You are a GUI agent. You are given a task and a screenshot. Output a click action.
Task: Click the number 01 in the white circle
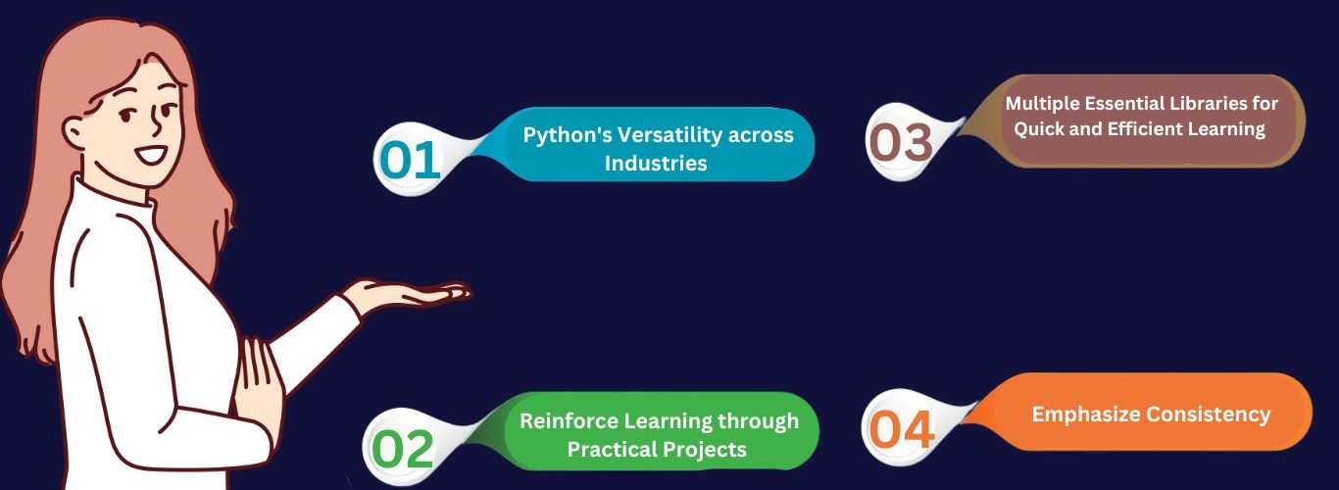click(x=410, y=160)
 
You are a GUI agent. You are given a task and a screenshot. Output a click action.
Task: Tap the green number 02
click(x=402, y=450)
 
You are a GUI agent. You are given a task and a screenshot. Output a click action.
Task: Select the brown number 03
click(x=901, y=142)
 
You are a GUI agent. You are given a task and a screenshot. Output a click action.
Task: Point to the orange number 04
click(x=902, y=429)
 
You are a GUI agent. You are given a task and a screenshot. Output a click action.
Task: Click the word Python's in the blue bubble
click(x=567, y=135)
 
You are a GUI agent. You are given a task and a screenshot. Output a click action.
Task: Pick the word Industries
click(x=656, y=163)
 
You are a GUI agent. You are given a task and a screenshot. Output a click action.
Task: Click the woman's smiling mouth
click(x=151, y=156)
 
